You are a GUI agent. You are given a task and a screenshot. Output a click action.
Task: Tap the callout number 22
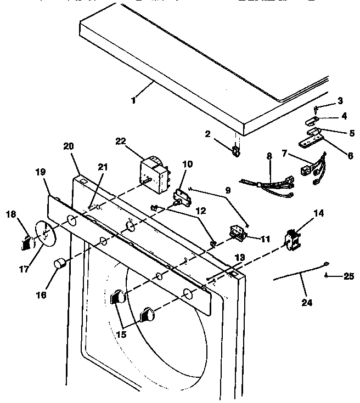(121, 141)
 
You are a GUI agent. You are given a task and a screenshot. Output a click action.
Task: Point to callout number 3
(340, 100)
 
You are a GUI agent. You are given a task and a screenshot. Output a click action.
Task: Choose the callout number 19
(40, 172)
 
